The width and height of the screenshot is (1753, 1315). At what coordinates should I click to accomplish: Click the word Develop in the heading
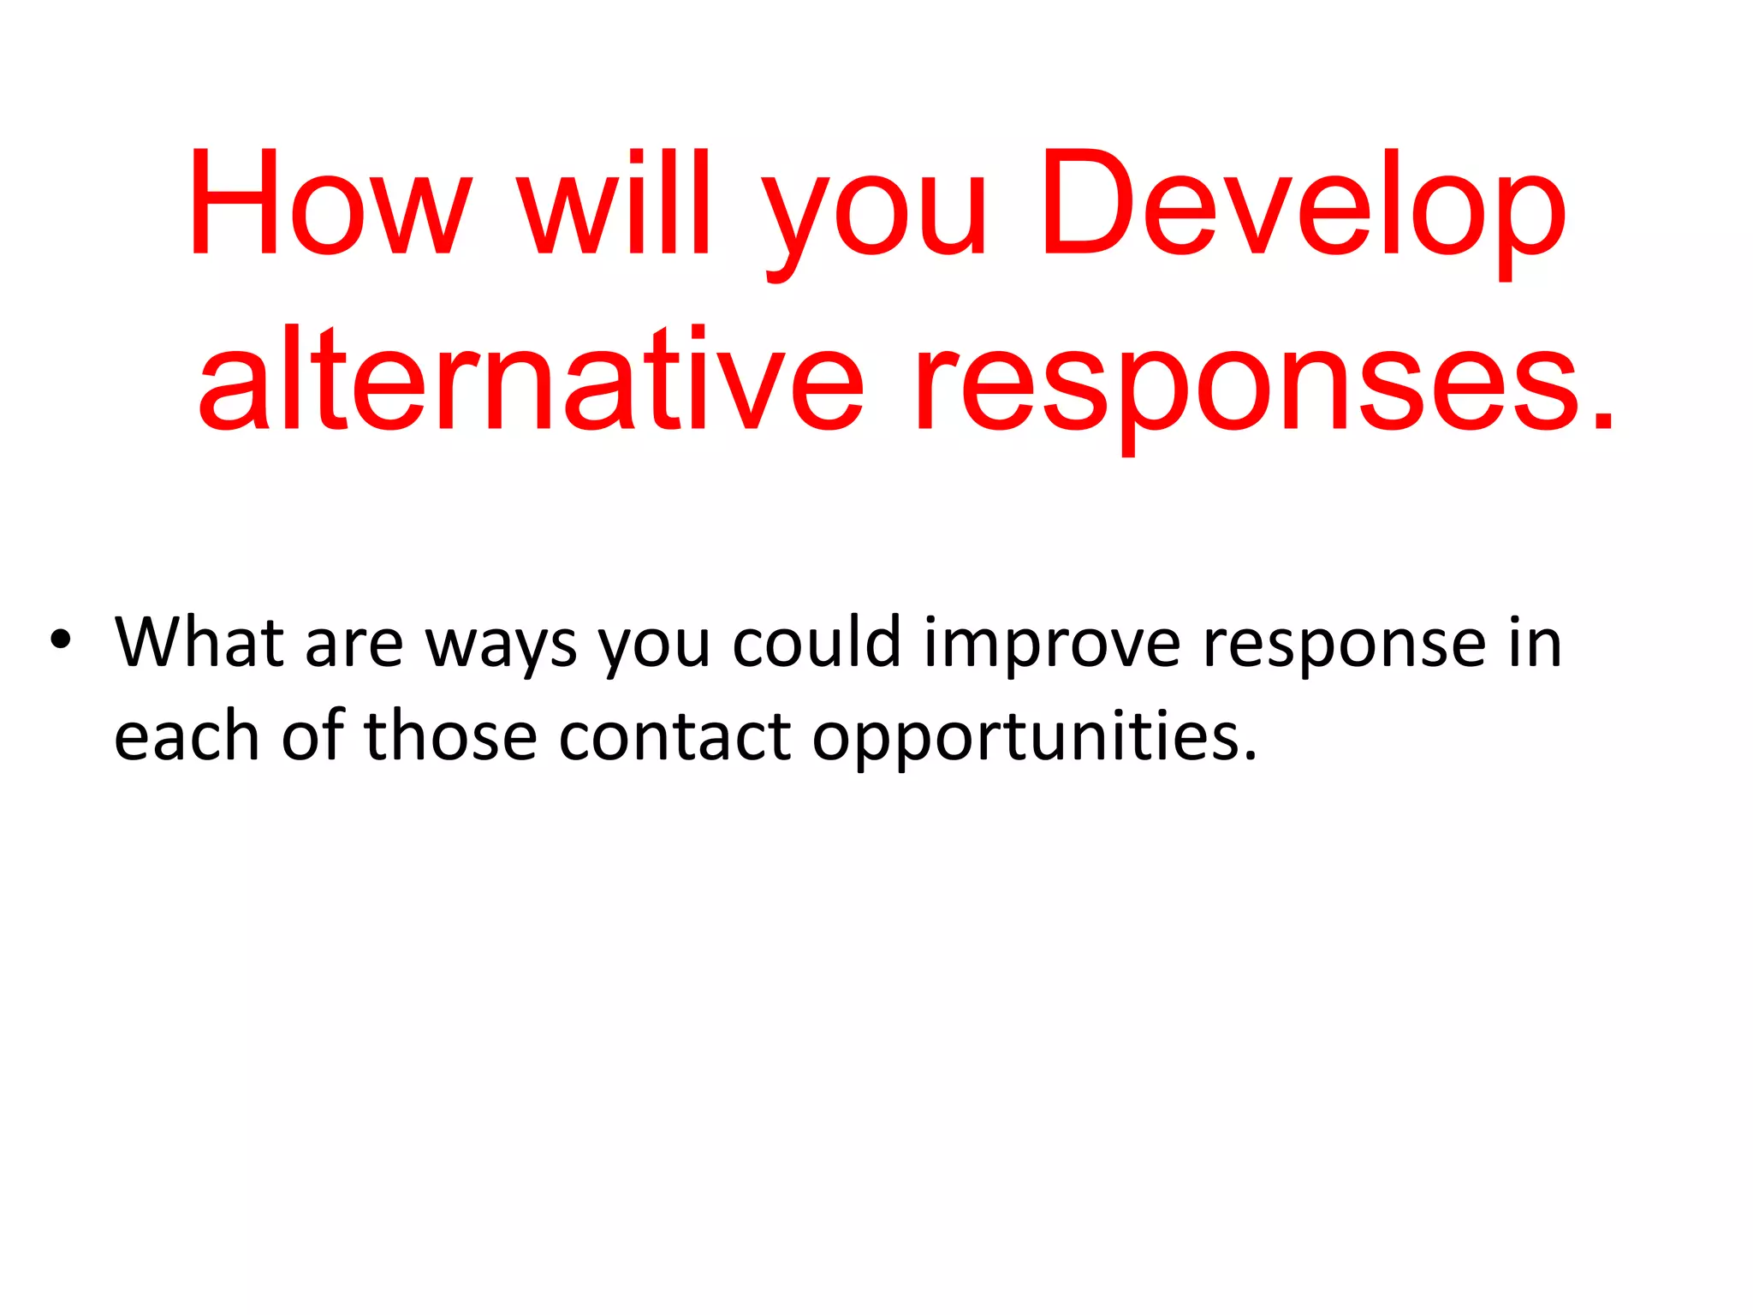tap(1302, 205)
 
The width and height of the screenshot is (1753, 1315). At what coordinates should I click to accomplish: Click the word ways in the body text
tap(501, 647)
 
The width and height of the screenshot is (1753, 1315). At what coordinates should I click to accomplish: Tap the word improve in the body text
tap(1053, 647)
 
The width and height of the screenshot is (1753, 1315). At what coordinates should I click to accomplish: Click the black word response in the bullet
tap(1345, 647)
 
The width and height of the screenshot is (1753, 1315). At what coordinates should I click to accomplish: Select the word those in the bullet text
tap(450, 736)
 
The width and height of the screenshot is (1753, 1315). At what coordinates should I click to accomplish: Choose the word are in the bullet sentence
tap(354, 647)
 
